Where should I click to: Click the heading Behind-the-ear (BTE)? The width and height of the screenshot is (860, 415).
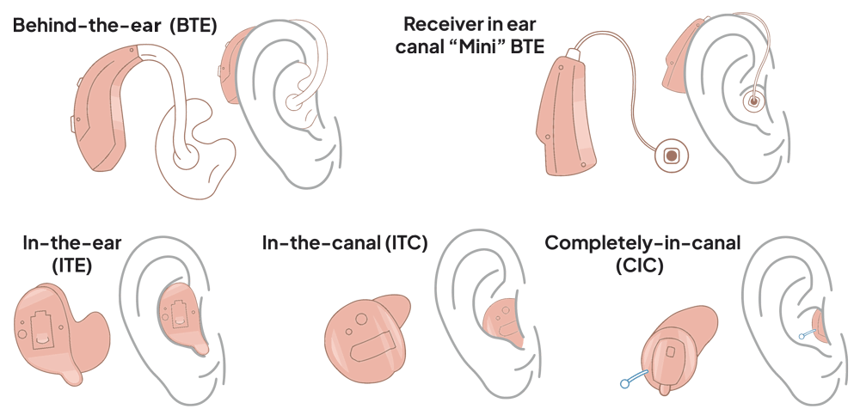coord(114,26)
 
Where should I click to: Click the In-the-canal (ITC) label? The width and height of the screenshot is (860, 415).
coord(344,244)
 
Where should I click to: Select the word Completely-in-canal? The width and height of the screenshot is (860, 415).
coord(642,243)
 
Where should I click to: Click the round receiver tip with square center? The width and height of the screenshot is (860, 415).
coord(671,156)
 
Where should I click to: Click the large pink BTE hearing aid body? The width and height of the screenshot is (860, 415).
coord(107,103)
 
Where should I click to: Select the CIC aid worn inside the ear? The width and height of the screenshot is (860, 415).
coord(817,324)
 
